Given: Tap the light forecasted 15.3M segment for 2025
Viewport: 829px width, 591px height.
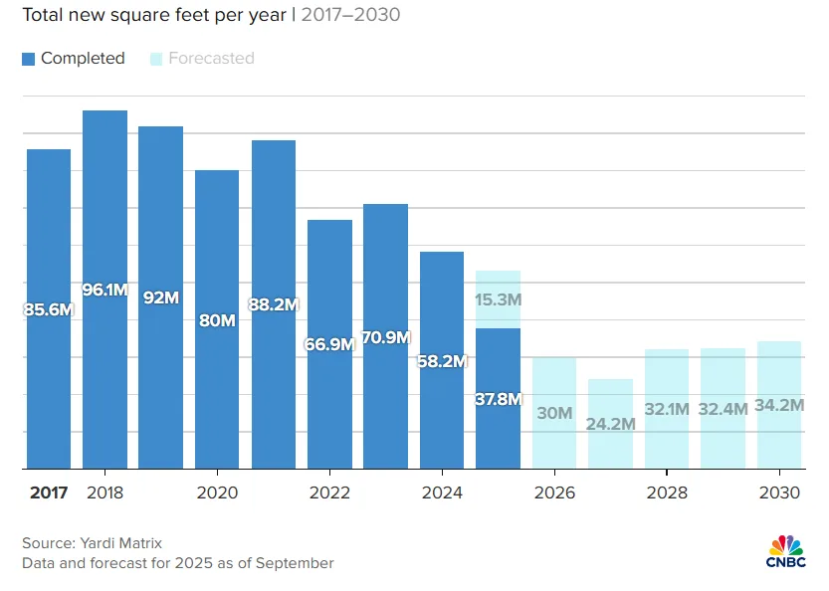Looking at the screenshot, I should tap(499, 298).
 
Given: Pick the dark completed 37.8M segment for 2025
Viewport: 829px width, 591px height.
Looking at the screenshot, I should tap(499, 398).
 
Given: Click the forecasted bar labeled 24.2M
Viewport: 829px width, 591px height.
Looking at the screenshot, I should tap(610, 423).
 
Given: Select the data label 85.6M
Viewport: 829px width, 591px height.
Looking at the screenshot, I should tap(49, 309).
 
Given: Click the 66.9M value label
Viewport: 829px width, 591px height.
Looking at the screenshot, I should tap(329, 344).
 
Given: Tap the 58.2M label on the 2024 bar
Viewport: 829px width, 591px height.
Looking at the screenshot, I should tap(442, 361).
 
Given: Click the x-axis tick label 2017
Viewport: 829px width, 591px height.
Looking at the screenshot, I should tap(49, 492).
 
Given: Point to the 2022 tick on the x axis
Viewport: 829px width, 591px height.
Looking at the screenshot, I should tap(329, 492).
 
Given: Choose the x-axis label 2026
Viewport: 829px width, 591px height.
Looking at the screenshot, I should tap(554, 492).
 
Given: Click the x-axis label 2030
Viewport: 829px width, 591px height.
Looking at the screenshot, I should tap(779, 492).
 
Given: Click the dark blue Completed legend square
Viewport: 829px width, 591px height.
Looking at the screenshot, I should tap(28, 59).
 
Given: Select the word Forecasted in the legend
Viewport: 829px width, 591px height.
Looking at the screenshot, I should tap(211, 59).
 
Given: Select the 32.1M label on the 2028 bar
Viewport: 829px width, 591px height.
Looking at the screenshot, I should tap(667, 409).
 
